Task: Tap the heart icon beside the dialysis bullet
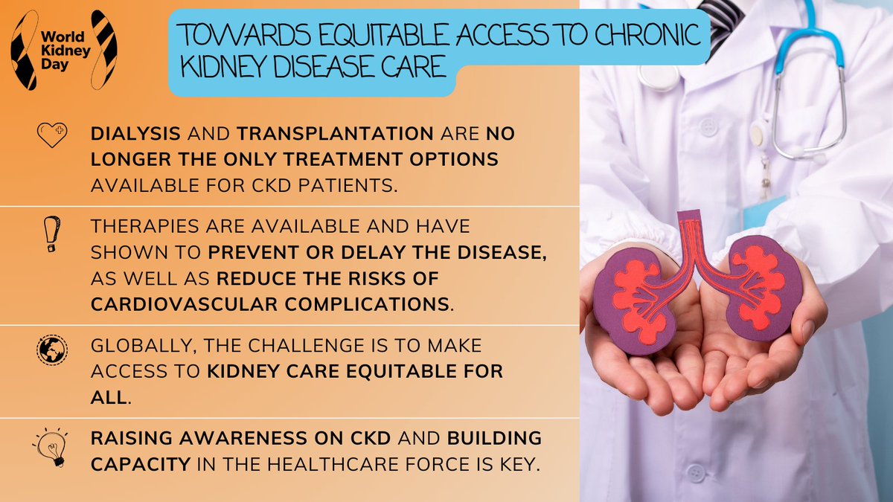[51, 135]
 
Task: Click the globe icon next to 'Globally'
[51, 348]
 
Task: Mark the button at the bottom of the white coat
[695, 473]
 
